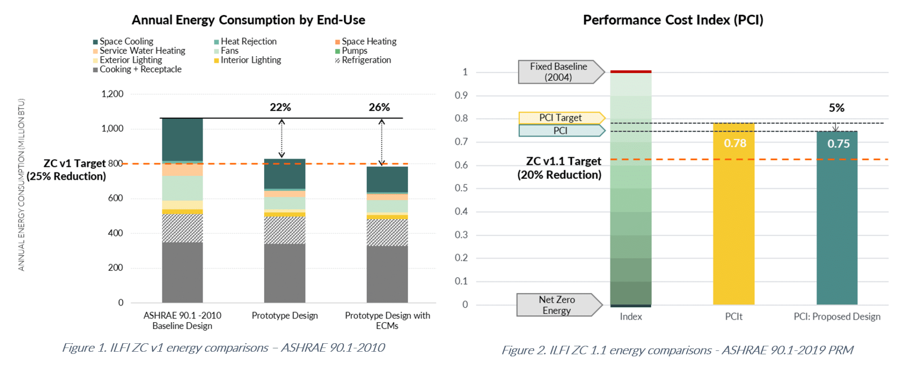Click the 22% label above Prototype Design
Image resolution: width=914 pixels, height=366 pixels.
(x=280, y=107)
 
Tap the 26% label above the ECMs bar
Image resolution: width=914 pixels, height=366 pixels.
(x=379, y=107)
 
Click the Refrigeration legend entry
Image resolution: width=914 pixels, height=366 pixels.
(x=366, y=60)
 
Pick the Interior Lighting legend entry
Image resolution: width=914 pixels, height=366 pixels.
(x=250, y=60)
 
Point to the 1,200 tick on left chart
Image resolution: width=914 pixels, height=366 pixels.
(x=112, y=94)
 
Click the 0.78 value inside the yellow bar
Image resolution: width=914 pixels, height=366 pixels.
(x=735, y=143)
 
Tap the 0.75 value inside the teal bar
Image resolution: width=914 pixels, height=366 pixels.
(x=838, y=144)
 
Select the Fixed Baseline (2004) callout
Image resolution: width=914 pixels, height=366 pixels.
(x=558, y=72)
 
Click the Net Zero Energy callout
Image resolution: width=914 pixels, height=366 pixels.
(x=557, y=305)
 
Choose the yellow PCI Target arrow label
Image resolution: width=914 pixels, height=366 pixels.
(x=560, y=118)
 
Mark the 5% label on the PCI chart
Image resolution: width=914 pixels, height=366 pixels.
(x=836, y=108)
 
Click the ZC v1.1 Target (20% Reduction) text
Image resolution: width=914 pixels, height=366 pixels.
(x=560, y=168)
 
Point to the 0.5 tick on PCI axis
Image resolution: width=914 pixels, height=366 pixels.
(x=461, y=188)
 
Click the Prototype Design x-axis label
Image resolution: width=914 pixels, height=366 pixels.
(x=285, y=316)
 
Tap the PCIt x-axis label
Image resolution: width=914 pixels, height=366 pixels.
(x=734, y=316)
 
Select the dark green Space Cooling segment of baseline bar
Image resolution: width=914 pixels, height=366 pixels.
(x=182, y=140)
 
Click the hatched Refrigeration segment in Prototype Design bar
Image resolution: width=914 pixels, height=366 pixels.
(x=285, y=230)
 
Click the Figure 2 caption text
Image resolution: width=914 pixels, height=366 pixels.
(x=677, y=350)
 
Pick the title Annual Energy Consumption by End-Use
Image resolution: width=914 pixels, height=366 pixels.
(x=248, y=20)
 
